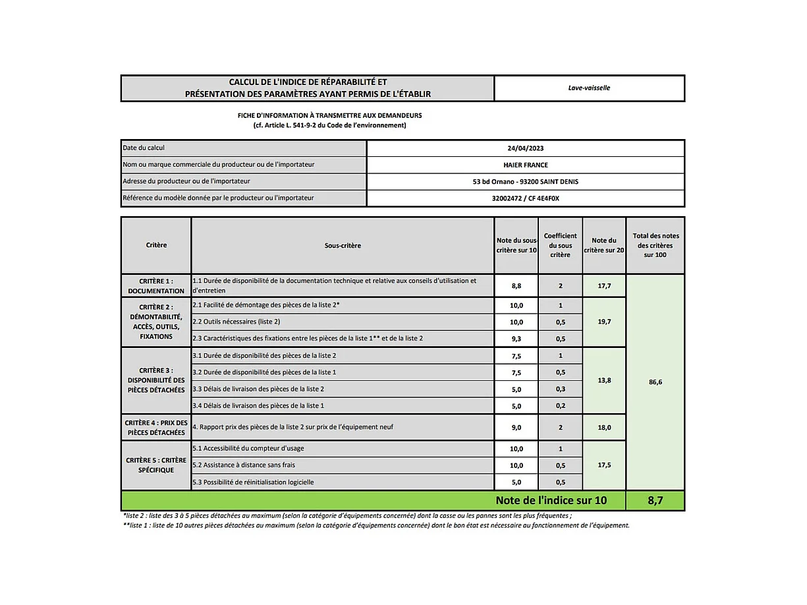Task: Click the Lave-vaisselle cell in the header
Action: tap(589, 88)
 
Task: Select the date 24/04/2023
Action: tap(526, 148)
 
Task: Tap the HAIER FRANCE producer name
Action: tap(526, 165)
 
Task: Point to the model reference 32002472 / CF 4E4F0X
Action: tap(526, 198)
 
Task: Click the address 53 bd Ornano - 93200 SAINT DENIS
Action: tap(526, 181)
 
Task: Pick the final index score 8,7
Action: tap(655, 500)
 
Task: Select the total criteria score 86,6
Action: tap(655, 382)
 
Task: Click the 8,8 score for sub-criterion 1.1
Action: tap(516, 286)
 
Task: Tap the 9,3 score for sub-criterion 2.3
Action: tap(516, 339)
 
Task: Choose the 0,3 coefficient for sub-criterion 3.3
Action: tap(560, 389)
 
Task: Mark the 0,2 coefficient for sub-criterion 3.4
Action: tap(560, 406)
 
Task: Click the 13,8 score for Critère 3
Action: tap(604, 380)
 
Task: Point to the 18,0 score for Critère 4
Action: tap(604, 427)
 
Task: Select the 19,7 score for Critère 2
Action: tap(604, 322)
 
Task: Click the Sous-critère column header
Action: tap(343, 245)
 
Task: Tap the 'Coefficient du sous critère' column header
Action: tap(560, 245)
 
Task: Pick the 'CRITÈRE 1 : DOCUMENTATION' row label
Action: tap(156, 286)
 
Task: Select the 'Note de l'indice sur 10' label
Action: tap(551, 500)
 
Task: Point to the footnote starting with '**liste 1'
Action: tap(376, 525)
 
